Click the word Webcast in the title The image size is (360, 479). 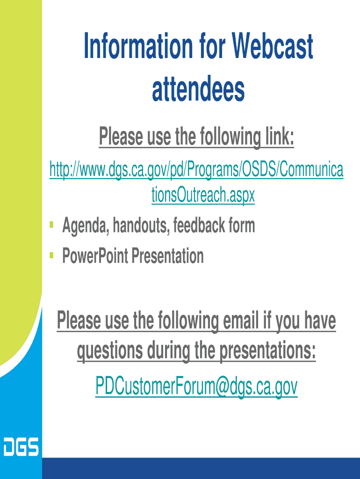point(273,46)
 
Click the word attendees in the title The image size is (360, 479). point(199,89)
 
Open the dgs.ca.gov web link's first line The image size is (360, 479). point(196,170)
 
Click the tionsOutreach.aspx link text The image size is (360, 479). point(203,195)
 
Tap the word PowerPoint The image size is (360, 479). point(95,255)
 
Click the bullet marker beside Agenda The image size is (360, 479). point(51,225)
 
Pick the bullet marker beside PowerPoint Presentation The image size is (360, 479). point(51,255)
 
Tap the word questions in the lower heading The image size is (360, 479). point(109,351)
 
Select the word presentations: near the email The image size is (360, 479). point(268,351)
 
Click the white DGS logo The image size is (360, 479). point(21,447)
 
